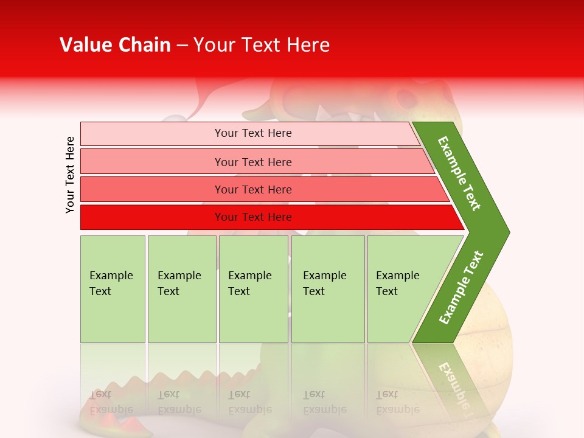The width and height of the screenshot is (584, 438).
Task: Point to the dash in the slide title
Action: click(x=182, y=46)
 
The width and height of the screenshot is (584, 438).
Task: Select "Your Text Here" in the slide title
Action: click(x=262, y=45)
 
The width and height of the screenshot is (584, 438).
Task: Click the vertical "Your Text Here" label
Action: click(x=70, y=175)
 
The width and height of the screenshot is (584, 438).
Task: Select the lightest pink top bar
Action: click(x=252, y=133)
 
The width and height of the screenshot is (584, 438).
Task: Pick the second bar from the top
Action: click(x=252, y=162)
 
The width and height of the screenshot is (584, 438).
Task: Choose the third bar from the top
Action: click(x=252, y=189)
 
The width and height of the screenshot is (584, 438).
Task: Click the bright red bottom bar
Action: click(x=252, y=217)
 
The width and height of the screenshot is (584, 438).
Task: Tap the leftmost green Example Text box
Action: click(x=113, y=288)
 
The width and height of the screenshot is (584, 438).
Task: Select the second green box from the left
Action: click(x=181, y=288)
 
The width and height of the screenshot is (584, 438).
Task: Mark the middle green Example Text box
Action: click(x=253, y=288)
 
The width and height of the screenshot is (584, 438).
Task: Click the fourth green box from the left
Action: click(x=327, y=288)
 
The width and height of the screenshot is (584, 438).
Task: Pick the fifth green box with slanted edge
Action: click(x=401, y=288)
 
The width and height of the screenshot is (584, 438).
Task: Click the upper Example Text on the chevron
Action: click(x=460, y=173)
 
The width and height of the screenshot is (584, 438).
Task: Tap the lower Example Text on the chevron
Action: click(x=461, y=288)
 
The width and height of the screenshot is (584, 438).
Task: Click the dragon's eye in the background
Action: click(x=405, y=97)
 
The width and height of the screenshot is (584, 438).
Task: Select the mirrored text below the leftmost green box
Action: click(x=111, y=401)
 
